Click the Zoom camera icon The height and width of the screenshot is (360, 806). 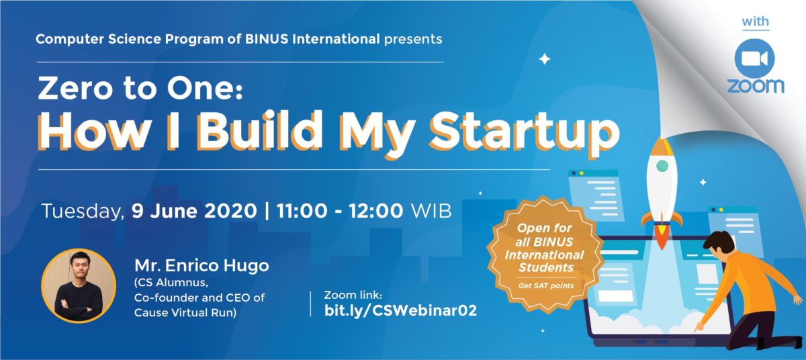(754, 58)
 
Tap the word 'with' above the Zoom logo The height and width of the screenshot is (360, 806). (755, 22)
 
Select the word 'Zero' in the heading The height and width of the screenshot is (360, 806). (75, 89)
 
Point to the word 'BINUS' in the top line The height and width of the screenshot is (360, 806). (267, 39)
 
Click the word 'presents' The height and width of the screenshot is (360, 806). (413, 40)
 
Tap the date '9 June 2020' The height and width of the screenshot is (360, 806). (194, 211)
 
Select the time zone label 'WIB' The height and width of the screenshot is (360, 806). (431, 211)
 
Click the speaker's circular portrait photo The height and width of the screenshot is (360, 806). (79, 286)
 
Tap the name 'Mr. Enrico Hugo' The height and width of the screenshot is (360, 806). (202, 266)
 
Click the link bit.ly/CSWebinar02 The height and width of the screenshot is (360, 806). (400, 310)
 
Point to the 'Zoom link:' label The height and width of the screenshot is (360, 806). (353, 296)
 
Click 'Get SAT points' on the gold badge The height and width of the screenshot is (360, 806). (546, 286)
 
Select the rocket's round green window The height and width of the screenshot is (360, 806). (662, 166)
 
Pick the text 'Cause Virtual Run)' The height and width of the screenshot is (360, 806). (185, 313)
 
